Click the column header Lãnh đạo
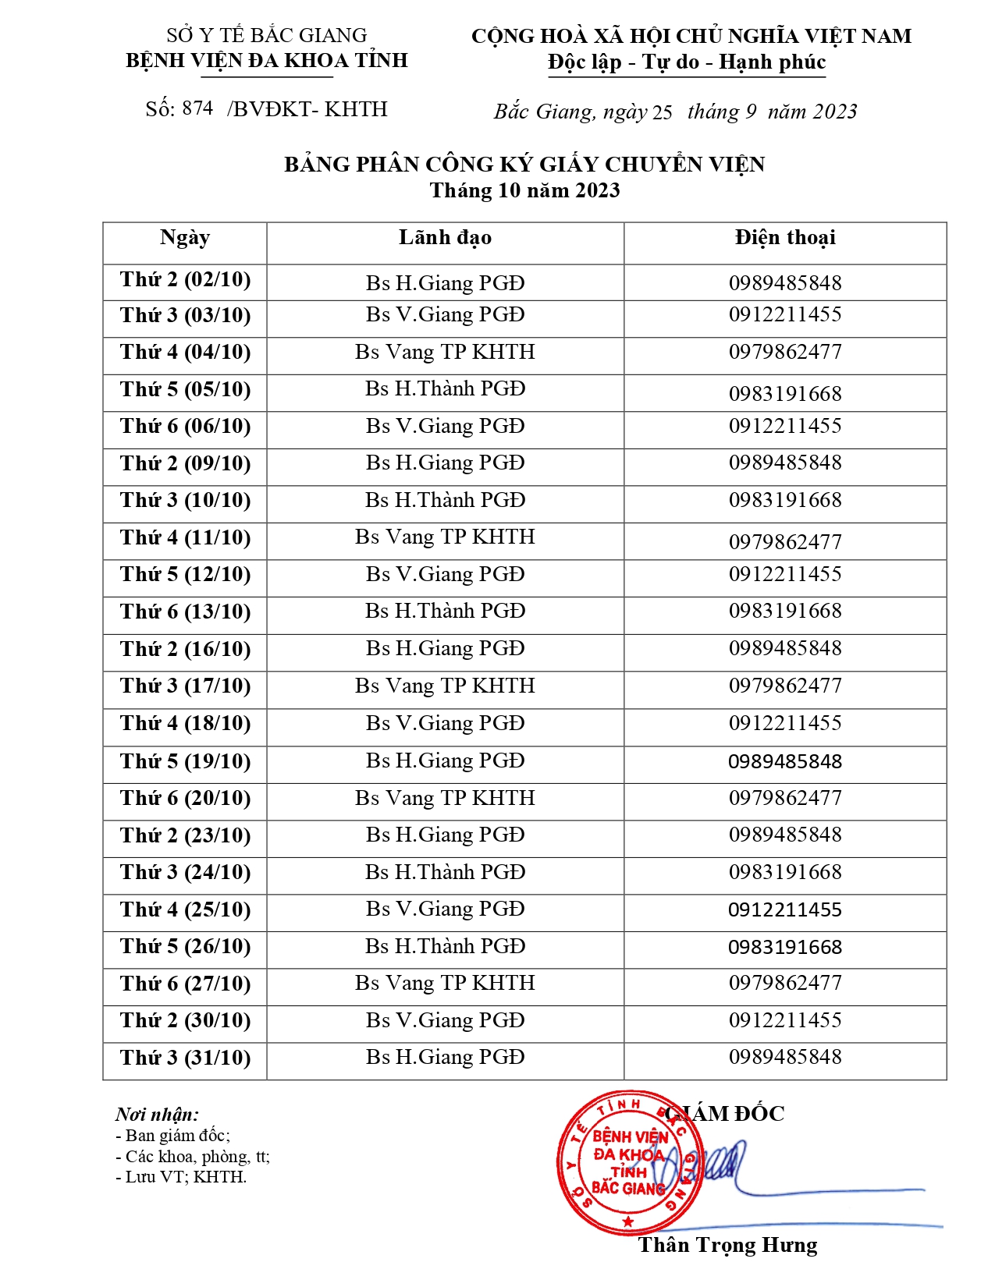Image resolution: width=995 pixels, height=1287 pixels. [x=445, y=238]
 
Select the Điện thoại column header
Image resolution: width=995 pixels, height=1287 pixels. [x=784, y=238]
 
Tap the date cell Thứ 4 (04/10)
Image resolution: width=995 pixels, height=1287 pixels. [x=186, y=353]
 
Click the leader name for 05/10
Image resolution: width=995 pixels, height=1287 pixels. [x=445, y=389]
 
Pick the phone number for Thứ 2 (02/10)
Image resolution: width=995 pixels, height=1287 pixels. [x=785, y=283]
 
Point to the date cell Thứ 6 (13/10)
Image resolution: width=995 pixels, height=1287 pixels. [x=186, y=612]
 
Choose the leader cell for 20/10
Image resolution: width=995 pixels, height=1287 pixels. [x=445, y=799]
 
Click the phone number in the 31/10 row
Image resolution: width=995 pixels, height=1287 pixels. [x=785, y=1058]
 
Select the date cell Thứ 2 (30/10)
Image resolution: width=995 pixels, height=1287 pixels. [x=186, y=1021]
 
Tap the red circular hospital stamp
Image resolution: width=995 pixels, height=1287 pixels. [x=627, y=1163]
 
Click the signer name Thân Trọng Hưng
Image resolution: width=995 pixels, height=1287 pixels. [x=727, y=1245]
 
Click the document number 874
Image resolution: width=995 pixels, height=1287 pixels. [x=197, y=109]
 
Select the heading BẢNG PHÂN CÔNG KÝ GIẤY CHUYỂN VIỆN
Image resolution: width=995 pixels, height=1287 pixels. [x=524, y=165]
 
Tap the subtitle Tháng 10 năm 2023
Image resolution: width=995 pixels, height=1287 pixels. [x=524, y=191]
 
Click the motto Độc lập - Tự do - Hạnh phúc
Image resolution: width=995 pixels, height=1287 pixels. [x=687, y=62]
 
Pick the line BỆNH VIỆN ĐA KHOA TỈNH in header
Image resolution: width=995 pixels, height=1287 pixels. [x=267, y=61]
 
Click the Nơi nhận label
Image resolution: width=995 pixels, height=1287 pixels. [x=157, y=1114]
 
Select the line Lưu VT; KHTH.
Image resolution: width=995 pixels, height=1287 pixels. [x=182, y=1177]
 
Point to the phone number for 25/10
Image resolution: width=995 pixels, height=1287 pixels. [x=785, y=910]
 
